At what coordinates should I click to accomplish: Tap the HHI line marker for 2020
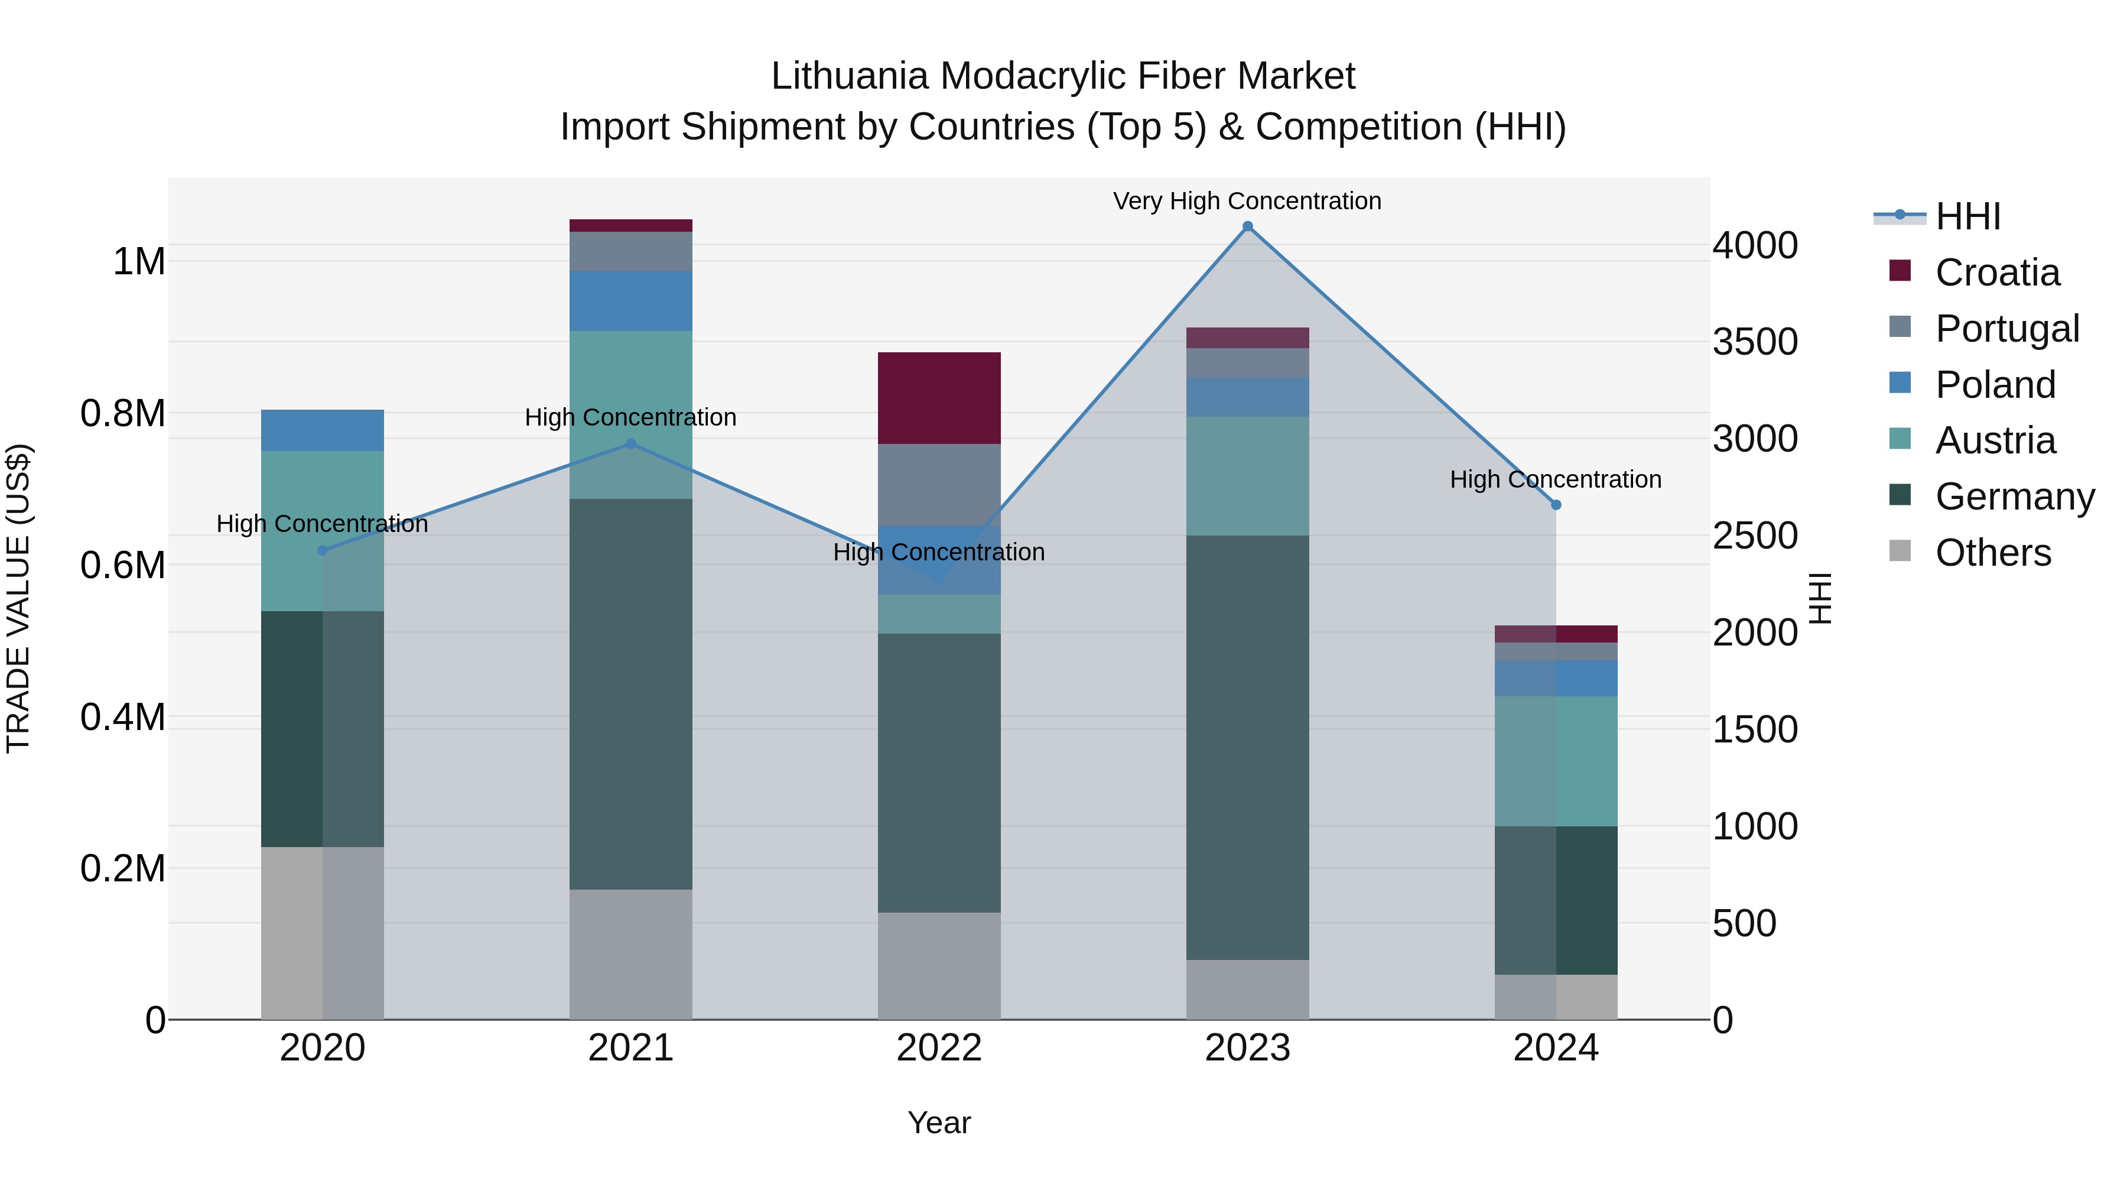click(x=323, y=550)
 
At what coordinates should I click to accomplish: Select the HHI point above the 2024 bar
click(x=1556, y=505)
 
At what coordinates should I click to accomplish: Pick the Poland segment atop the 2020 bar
click(x=322, y=430)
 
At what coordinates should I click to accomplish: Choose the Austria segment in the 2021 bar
click(x=631, y=414)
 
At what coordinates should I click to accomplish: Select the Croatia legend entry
click(x=1996, y=273)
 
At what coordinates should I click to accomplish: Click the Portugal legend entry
click(x=2006, y=329)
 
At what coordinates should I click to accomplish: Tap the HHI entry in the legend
click(x=1967, y=216)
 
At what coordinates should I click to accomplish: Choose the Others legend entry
click(x=1992, y=553)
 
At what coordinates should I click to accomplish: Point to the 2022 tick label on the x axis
click(x=939, y=1048)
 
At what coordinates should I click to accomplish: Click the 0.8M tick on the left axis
click(x=123, y=413)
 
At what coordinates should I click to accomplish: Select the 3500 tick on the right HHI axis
click(x=1755, y=342)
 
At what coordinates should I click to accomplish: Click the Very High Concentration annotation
click(x=1247, y=201)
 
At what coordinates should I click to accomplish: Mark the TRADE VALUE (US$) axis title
click(x=18, y=598)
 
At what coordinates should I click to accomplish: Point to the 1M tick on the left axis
click(x=139, y=262)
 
